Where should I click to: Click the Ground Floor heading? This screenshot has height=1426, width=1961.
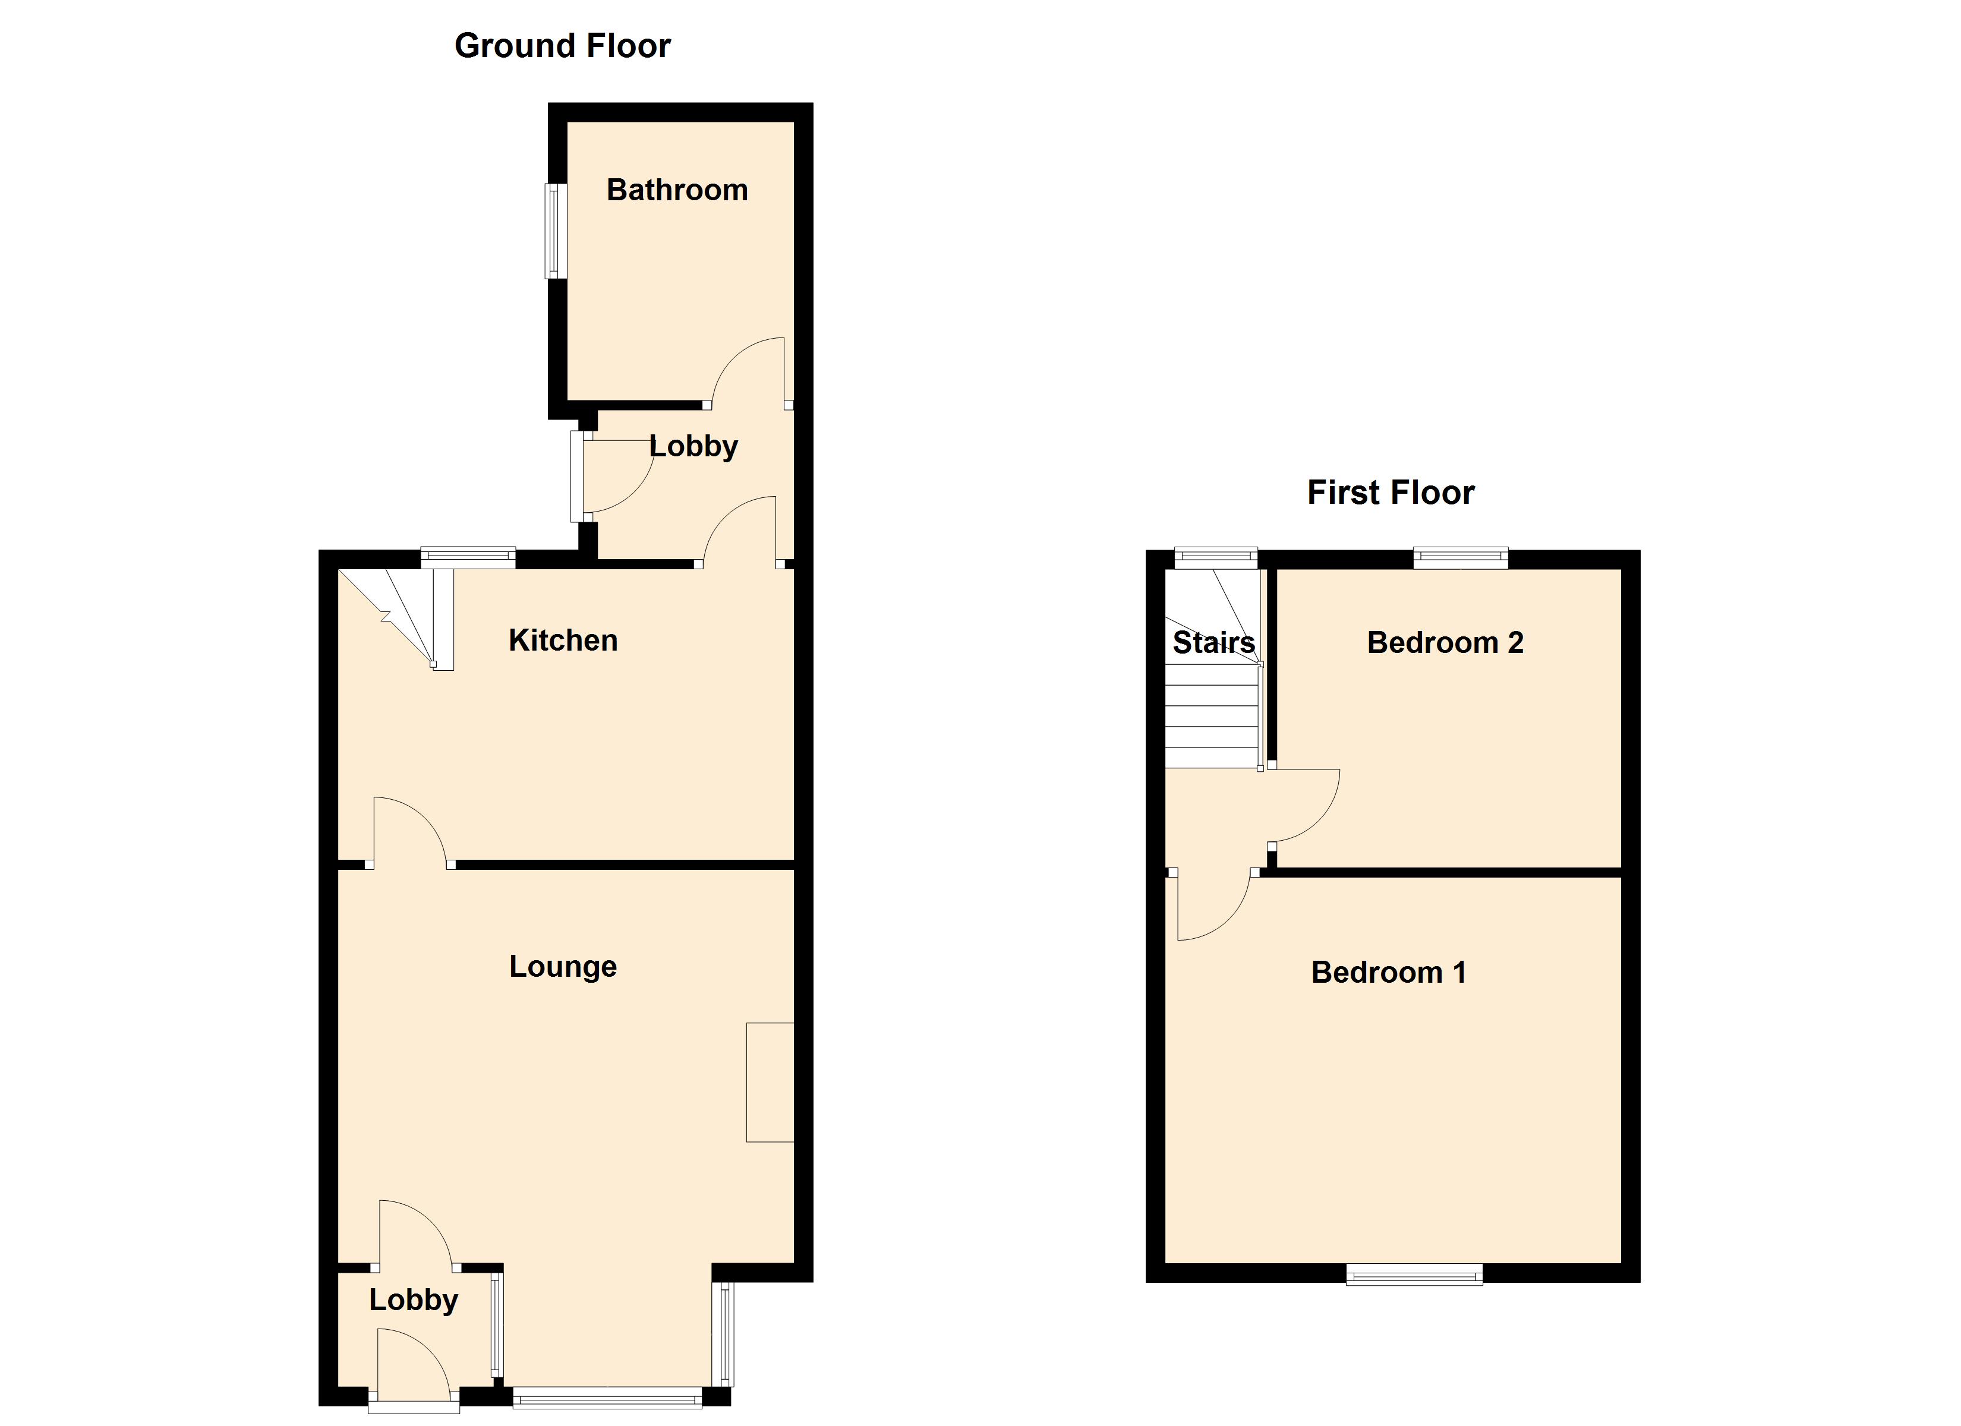pyautogui.click(x=562, y=46)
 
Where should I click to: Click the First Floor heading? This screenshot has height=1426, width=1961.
pyautogui.click(x=1391, y=493)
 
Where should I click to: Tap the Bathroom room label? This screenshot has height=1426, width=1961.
pyautogui.click(x=677, y=190)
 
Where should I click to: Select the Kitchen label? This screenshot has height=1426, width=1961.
pyautogui.click(x=563, y=641)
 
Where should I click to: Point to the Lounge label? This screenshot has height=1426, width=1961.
pyautogui.click(x=563, y=967)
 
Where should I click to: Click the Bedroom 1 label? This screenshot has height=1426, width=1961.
pyautogui.click(x=1389, y=973)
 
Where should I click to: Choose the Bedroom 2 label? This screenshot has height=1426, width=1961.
pyautogui.click(x=1445, y=642)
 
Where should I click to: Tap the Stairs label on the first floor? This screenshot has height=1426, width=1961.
pyautogui.click(x=1213, y=642)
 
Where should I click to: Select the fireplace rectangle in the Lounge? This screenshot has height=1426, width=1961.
pyautogui.click(x=770, y=1082)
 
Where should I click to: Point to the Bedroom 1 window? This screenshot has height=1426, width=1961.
pyautogui.click(x=1414, y=1274)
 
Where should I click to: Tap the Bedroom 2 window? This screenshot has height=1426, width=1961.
pyautogui.click(x=1461, y=558)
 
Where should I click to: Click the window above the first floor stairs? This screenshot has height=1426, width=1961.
pyautogui.click(x=1215, y=558)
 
